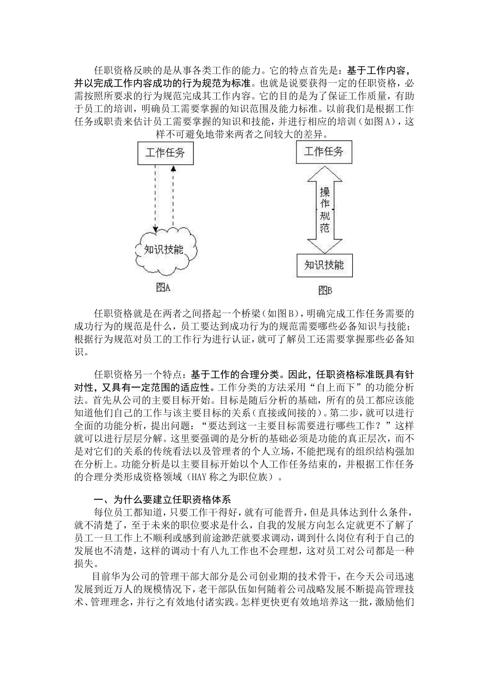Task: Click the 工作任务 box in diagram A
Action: pos(165,153)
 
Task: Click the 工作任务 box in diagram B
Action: pos(324,151)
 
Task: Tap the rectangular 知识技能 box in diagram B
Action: pos(324,265)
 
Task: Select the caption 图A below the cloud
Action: pos(163,288)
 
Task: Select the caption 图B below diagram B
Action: pos(325,290)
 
